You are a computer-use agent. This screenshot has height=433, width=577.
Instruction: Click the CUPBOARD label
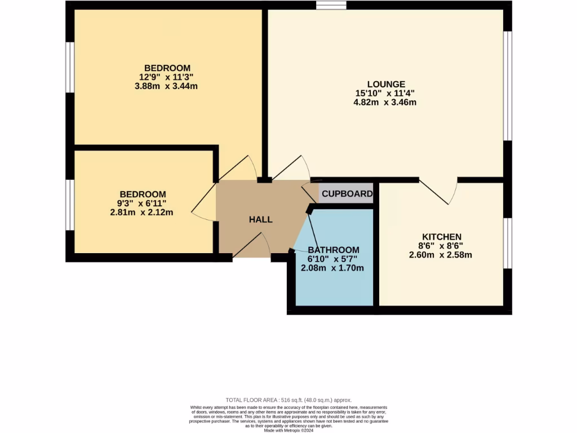pyautogui.click(x=347, y=193)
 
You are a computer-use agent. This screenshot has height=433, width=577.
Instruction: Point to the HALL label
pyautogui.click(x=261, y=219)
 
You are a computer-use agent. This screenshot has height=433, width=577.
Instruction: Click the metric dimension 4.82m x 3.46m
pyautogui.click(x=385, y=103)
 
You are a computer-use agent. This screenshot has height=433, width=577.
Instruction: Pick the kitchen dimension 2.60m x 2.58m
pyautogui.click(x=440, y=255)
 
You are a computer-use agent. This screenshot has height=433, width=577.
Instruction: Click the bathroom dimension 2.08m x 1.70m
pyautogui.click(x=336, y=268)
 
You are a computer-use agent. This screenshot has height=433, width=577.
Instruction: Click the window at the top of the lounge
pyautogui.click(x=331, y=5)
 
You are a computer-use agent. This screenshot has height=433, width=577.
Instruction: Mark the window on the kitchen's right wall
pyautogui.click(x=508, y=243)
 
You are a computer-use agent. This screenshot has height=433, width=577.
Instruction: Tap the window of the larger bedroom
pyautogui.click(x=70, y=67)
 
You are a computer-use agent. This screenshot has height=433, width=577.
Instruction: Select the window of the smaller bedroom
pyautogui.click(x=70, y=205)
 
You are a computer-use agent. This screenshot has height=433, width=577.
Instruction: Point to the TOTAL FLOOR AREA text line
pyautogui.click(x=288, y=399)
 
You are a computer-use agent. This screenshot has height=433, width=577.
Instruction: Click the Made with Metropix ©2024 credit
pyautogui.click(x=288, y=430)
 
